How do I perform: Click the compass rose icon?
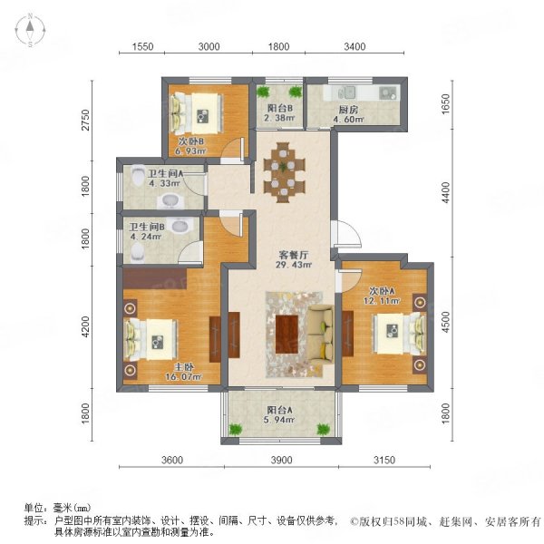(x=31, y=31)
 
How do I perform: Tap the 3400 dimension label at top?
(x=355, y=46)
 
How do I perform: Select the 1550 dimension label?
(x=142, y=46)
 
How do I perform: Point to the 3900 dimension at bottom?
(x=281, y=460)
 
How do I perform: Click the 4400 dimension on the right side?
(x=445, y=193)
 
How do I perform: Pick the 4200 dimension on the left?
(x=85, y=326)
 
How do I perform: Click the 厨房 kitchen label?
(x=348, y=110)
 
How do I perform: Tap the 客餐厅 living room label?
(x=294, y=255)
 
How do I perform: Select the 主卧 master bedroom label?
(x=183, y=367)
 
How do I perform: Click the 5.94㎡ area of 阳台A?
(x=279, y=420)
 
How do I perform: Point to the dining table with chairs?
(x=284, y=172)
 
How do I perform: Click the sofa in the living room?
(x=321, y=335)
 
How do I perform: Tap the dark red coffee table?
(x=287, y=334)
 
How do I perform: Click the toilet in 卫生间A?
(x=139, y=175)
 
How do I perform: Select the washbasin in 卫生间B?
(x=180, y=225)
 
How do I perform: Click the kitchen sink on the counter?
(x=347, y=92)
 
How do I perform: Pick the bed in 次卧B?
(x=196, y=113)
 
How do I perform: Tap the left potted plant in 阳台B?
(x=263, y=92)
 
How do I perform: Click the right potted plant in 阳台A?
(x=324, y=429)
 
